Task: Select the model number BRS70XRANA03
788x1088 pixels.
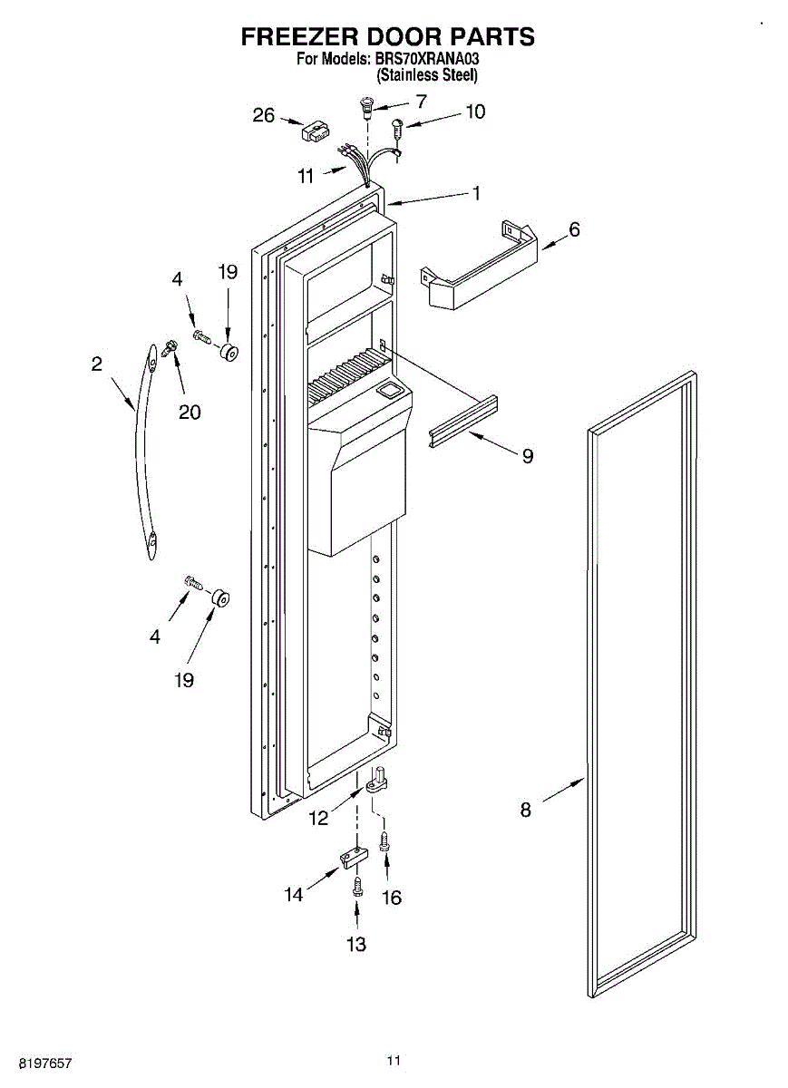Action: (426, 59)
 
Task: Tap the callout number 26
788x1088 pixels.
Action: (263, 115)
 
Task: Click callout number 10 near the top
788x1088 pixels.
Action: (474, 112)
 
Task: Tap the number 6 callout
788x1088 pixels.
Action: (573, 229)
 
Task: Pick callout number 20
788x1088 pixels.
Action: (190, 412)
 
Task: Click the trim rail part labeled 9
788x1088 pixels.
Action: (465, 416)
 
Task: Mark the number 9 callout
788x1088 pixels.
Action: (527, 456)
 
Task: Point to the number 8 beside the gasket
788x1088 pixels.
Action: (525, 810)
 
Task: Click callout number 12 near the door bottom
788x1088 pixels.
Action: (318, 819)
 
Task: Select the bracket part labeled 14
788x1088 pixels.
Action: (355, 856)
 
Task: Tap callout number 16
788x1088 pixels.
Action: (391, 898)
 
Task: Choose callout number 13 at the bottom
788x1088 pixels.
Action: (356, 945)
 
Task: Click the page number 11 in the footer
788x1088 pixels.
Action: (394, 1060)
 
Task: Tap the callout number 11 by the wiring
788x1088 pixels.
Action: (306, 175)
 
